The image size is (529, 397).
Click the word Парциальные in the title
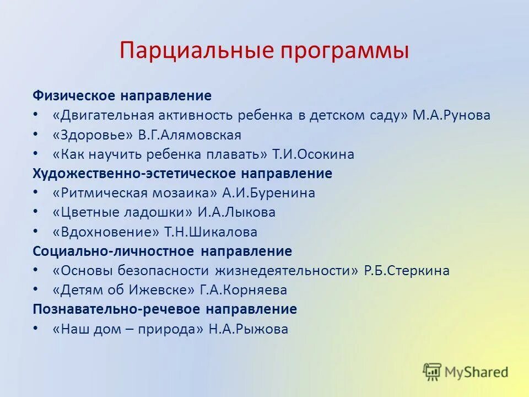pos(197,51)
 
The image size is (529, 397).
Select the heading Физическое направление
pos(122,96)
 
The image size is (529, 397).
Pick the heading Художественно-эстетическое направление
pos(182,174)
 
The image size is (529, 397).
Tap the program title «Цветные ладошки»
pos(123,212)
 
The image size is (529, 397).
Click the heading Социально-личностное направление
pos(162,251)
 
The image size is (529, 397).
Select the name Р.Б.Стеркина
pos(407,271)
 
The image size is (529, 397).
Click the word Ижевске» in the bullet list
pos(169,290)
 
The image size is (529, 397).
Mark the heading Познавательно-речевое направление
pos(165,309)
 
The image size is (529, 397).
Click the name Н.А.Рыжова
pos(248,329)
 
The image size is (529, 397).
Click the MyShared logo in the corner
pos(466,372)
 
